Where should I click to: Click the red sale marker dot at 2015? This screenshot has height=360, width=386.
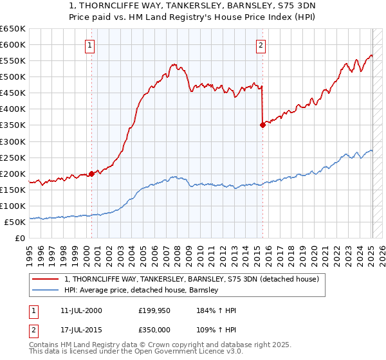tap(262, 125)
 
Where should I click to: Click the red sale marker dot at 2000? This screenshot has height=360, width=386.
tap(91, 174)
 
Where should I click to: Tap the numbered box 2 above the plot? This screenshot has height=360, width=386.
tap(261, 45)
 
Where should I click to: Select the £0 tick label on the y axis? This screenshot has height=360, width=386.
tap(19, 238)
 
